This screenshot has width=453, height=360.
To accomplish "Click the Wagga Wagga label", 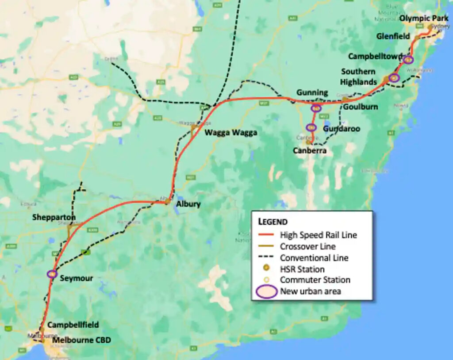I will coord(230,132).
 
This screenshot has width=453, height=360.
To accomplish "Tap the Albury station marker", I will coord(168,202).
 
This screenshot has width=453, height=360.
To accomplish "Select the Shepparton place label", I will coord(54,218).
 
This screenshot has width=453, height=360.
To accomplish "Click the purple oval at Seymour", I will coord(52,274).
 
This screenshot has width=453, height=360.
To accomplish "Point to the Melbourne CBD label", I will coord(81,340).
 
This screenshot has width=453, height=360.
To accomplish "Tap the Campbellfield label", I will coord(73,325).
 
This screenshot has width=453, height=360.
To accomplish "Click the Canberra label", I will coord(310,151).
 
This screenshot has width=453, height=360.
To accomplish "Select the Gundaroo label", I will coord(341,128).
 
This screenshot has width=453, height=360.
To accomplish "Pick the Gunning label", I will coord(312,92).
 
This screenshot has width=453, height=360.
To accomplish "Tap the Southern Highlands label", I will coord(358,77).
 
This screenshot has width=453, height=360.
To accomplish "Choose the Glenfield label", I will coord(393,36).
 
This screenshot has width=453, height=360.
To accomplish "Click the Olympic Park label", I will coord(424,18).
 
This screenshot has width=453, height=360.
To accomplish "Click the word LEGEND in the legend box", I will coord(273,222).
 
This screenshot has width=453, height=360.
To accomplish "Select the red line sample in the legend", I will coord(266,235).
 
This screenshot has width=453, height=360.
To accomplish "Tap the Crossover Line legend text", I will coord(308,246).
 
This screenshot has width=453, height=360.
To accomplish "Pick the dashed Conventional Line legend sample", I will coord(266,258).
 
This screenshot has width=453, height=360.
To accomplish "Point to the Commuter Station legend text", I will coord(315,280).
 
